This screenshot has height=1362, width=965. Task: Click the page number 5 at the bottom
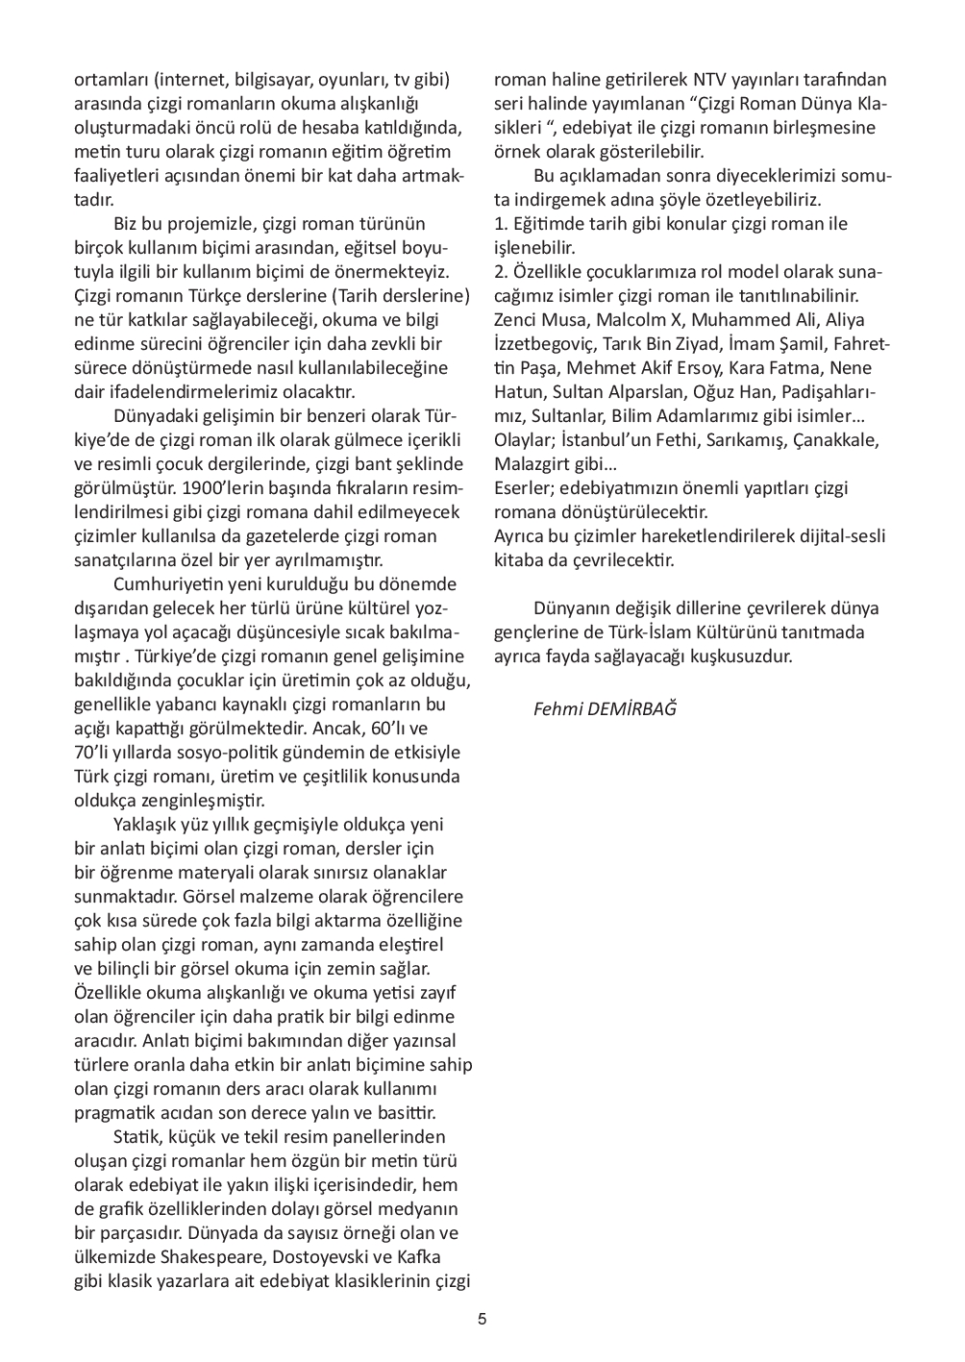[482, 1319]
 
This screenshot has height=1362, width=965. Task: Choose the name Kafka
[419, 1257]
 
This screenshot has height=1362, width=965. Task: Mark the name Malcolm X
[631, 320]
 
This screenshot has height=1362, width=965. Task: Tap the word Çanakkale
[846, 440]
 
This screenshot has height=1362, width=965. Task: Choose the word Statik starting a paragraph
[138, 1137]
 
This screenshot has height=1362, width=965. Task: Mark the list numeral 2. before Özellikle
[501, 272]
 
